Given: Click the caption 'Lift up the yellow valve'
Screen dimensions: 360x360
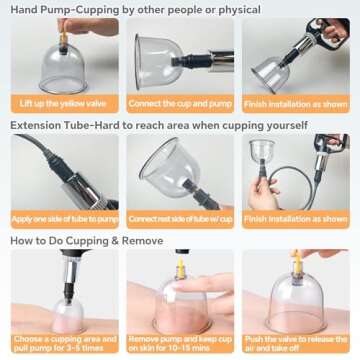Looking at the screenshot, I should [x=62, y=103].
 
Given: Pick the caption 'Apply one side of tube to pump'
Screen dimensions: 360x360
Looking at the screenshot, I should [x=64, y=218].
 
